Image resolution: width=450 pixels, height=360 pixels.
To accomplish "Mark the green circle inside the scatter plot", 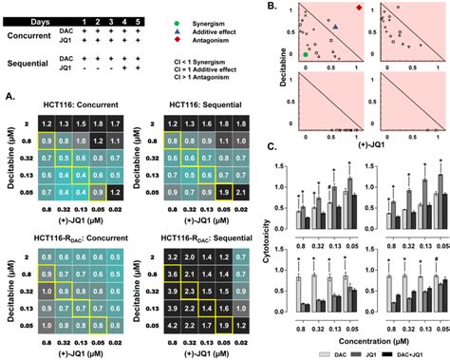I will pyautogui.click(x=305, y=56).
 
